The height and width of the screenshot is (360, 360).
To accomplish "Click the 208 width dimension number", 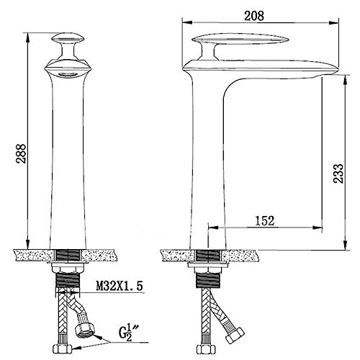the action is [x=254, y=16].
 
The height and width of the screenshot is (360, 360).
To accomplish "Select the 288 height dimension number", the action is [x=21, y=153].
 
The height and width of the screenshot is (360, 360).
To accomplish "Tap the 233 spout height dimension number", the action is [x=338, y=174].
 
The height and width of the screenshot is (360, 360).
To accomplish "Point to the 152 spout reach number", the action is [x=264, y=221].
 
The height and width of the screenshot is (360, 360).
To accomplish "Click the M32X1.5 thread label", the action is [x=120, y=286].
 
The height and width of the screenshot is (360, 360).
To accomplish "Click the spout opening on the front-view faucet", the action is [x=68, y=75].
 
